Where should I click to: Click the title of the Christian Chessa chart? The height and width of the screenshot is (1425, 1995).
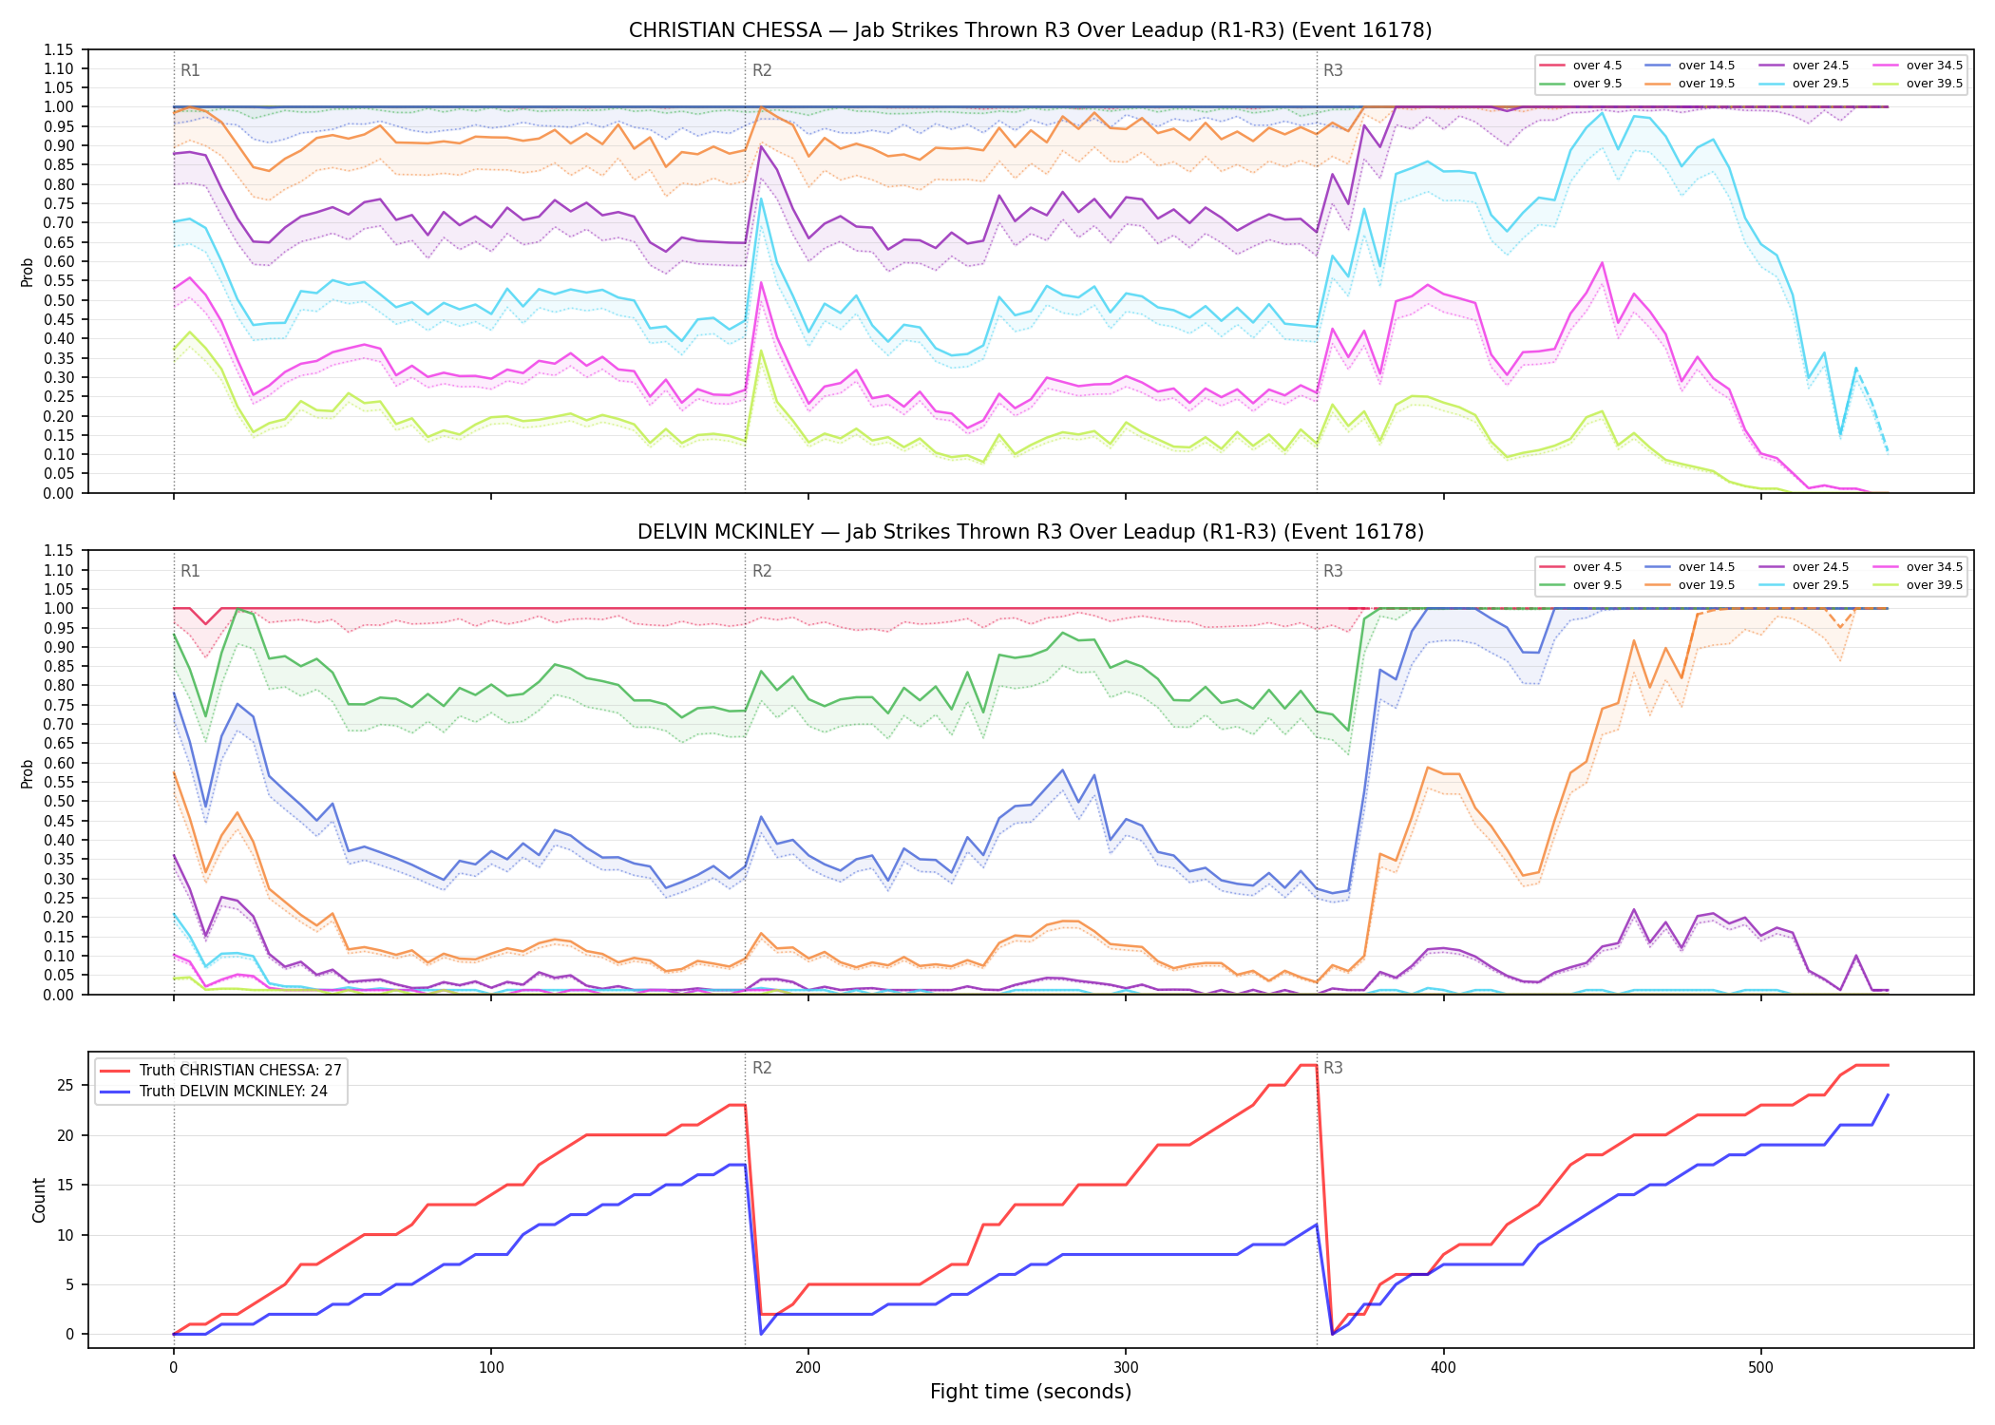[x=1030, y=30]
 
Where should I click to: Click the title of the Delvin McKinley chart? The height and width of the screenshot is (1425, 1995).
[x=1030, y=532]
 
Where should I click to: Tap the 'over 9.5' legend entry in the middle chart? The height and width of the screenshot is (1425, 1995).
[x=1580, y=585]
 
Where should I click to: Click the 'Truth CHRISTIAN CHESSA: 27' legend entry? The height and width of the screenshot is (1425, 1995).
[x=220, y=1071]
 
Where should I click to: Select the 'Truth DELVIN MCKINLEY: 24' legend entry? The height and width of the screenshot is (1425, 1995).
[x=214, y=1092]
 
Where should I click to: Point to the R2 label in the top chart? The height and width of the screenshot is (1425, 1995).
[x=762, y=70]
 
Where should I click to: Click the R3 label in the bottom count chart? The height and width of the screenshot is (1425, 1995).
[x=1333, y=1068]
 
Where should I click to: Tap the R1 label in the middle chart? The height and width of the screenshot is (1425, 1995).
[x=190, y=571]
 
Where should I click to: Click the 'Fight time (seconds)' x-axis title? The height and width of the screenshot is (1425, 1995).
[x=1031, y=1392]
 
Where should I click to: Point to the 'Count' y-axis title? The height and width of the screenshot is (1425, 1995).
[x=39, y=1200]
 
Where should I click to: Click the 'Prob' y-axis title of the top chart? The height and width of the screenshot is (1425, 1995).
[x=28, y=272]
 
